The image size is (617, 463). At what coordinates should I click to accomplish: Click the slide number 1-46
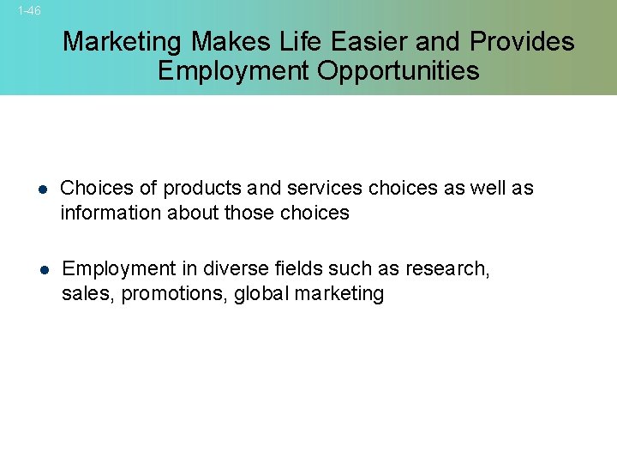pyautogui.click(x=29, y=11)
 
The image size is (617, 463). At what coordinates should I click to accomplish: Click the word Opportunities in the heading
pyautogui.click(x=398, y=70)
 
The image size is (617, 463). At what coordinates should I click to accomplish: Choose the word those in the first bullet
pyautogui.click(x=249, y=213)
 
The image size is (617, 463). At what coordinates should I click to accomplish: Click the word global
pyautogui.click(x=261, y=294)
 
